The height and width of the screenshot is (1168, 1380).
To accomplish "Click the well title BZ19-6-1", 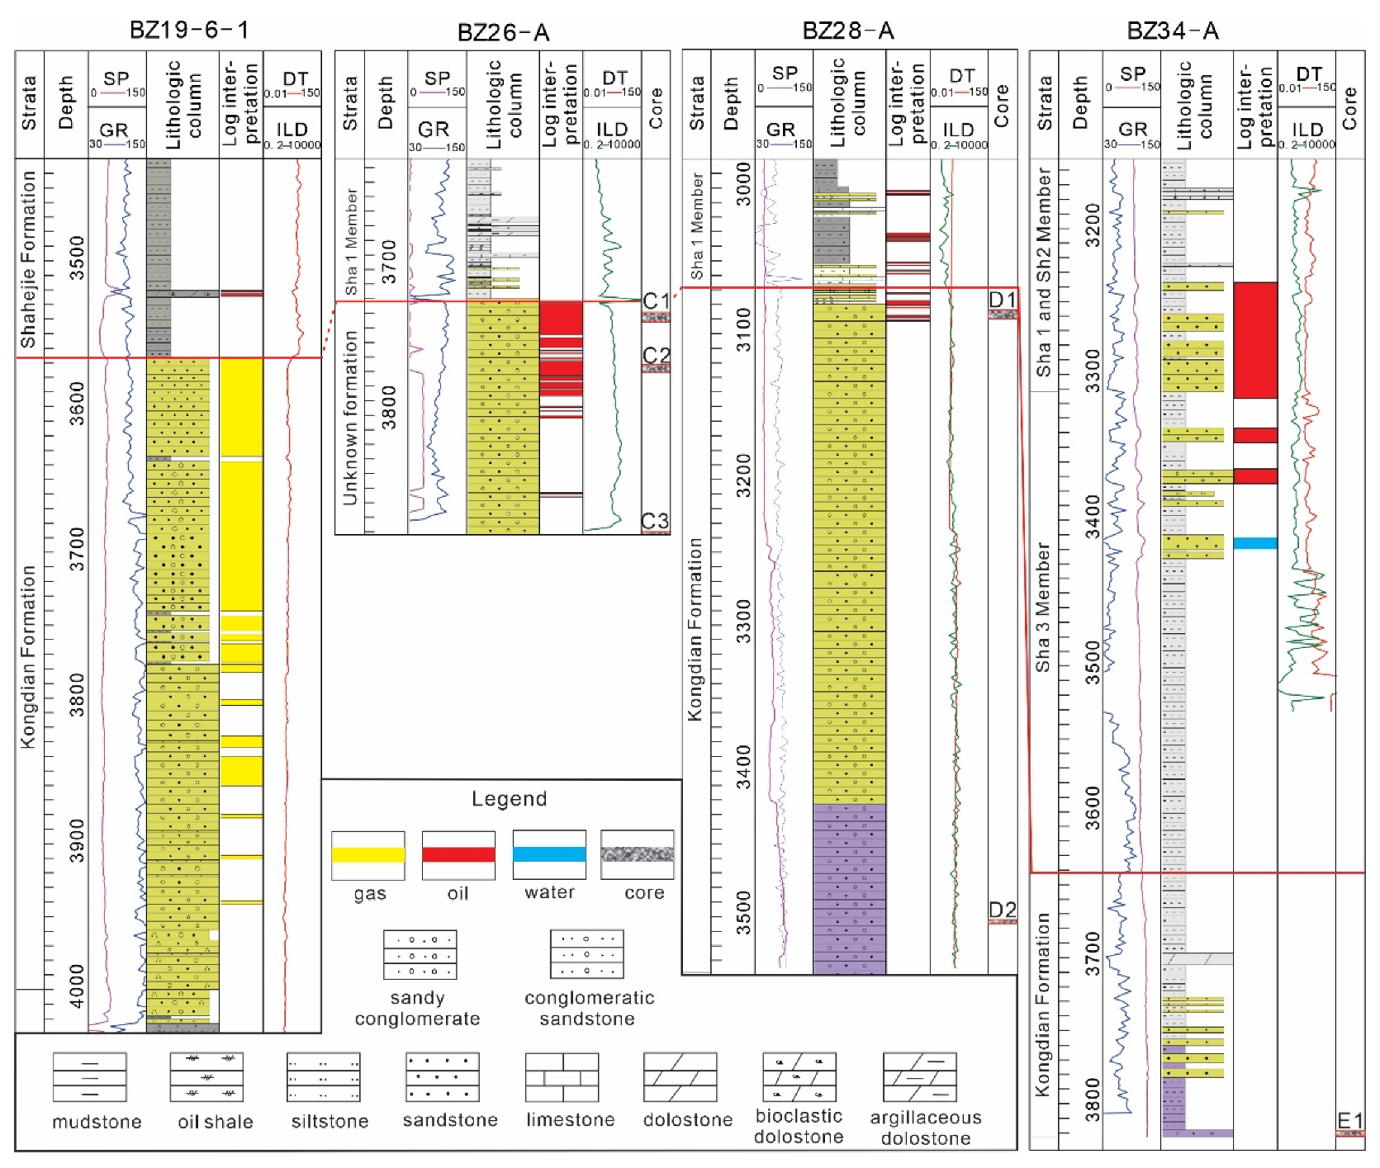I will (189, 30).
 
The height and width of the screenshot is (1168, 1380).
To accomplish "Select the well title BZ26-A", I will (503, 32).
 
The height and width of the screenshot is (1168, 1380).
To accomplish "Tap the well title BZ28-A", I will (848, 31).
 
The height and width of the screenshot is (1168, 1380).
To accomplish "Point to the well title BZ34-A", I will (1173, 31).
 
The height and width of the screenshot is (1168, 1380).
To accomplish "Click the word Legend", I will (509, 798).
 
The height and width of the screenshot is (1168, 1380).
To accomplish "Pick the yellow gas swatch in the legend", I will (368, 854).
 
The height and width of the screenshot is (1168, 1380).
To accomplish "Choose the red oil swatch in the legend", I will (458, 854).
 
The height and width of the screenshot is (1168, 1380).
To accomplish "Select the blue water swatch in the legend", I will (549, 854).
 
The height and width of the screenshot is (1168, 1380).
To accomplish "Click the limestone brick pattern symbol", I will (562, 1076).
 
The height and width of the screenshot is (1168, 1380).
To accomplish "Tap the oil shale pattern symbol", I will (206, 1076).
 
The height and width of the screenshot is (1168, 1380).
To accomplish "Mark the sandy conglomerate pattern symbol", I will (420, 955).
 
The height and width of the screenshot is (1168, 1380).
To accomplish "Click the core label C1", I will (656, 300).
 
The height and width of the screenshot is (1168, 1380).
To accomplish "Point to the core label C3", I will (655, 521).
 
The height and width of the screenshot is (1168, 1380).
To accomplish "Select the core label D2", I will (1003, 910).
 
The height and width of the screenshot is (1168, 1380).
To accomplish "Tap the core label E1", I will (1350, 1120).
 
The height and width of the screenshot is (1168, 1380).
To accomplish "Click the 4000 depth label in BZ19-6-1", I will (76, 986).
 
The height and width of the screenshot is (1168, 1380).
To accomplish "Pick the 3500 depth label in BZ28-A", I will (743, 912).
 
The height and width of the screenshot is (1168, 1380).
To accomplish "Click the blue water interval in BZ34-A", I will (1255, 543).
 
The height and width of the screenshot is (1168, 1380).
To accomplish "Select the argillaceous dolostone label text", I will (926, 1128).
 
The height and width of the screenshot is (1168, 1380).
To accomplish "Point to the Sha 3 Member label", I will (1043, 606).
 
